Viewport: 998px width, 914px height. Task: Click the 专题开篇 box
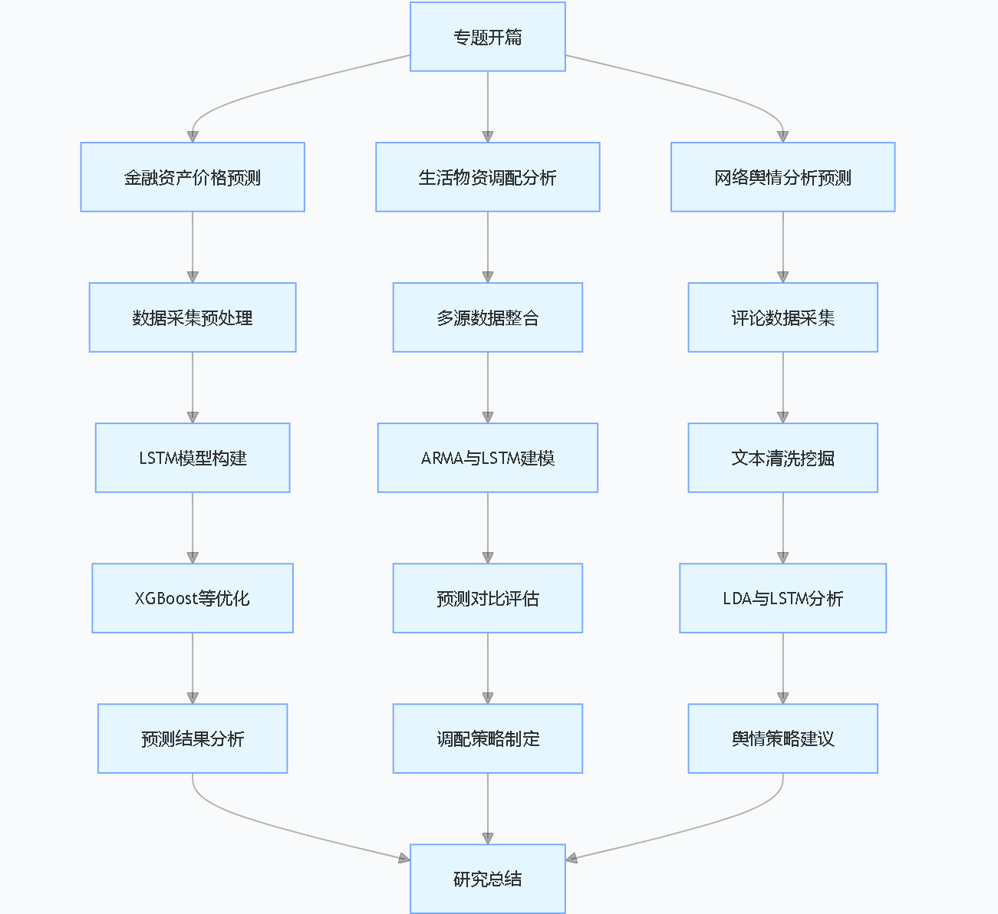click(x=488, y=37)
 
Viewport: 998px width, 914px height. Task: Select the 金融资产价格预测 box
click(x=193, y=177)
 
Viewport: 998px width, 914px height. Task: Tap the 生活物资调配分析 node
click(x=488, y=177)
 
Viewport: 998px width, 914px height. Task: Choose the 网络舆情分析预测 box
click(x=782, y=177)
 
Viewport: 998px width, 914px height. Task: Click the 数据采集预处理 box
click(x=193, y=317)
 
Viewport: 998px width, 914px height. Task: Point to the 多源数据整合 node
click(x=488, y=317)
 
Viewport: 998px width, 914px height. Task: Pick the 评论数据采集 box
click(x=782, y=317)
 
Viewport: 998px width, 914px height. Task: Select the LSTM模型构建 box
click(x=193, y=458)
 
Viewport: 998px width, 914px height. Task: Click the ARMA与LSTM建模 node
click(x=488, y=458)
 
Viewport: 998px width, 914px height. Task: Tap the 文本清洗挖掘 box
click(x=782, y=458)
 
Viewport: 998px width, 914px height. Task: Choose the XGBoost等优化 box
click(x=193, y=598)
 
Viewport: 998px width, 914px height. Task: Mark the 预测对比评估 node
click(x=488, y=598)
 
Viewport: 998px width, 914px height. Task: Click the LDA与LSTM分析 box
click(x=782, y=598)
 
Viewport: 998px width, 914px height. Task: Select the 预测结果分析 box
click(x=193, y=738)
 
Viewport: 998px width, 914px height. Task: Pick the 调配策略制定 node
click(x=488, y=738)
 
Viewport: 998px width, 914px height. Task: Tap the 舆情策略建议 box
click(x=782, y=738)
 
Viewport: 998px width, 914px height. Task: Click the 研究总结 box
click(x=488, y=879)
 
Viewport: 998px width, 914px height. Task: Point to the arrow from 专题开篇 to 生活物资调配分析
click(x=488, y=107)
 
